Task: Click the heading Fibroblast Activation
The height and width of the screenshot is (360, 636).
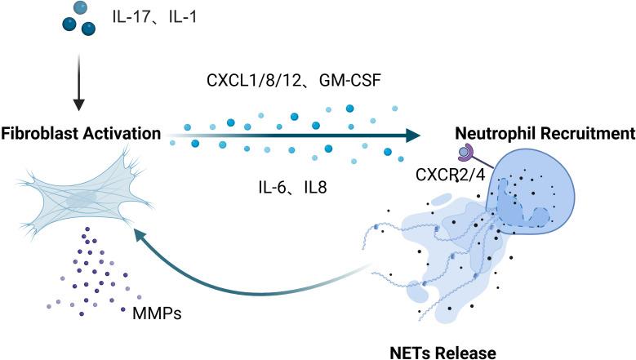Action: coord(80,132)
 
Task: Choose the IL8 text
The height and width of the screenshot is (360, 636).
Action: coord(310,187)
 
